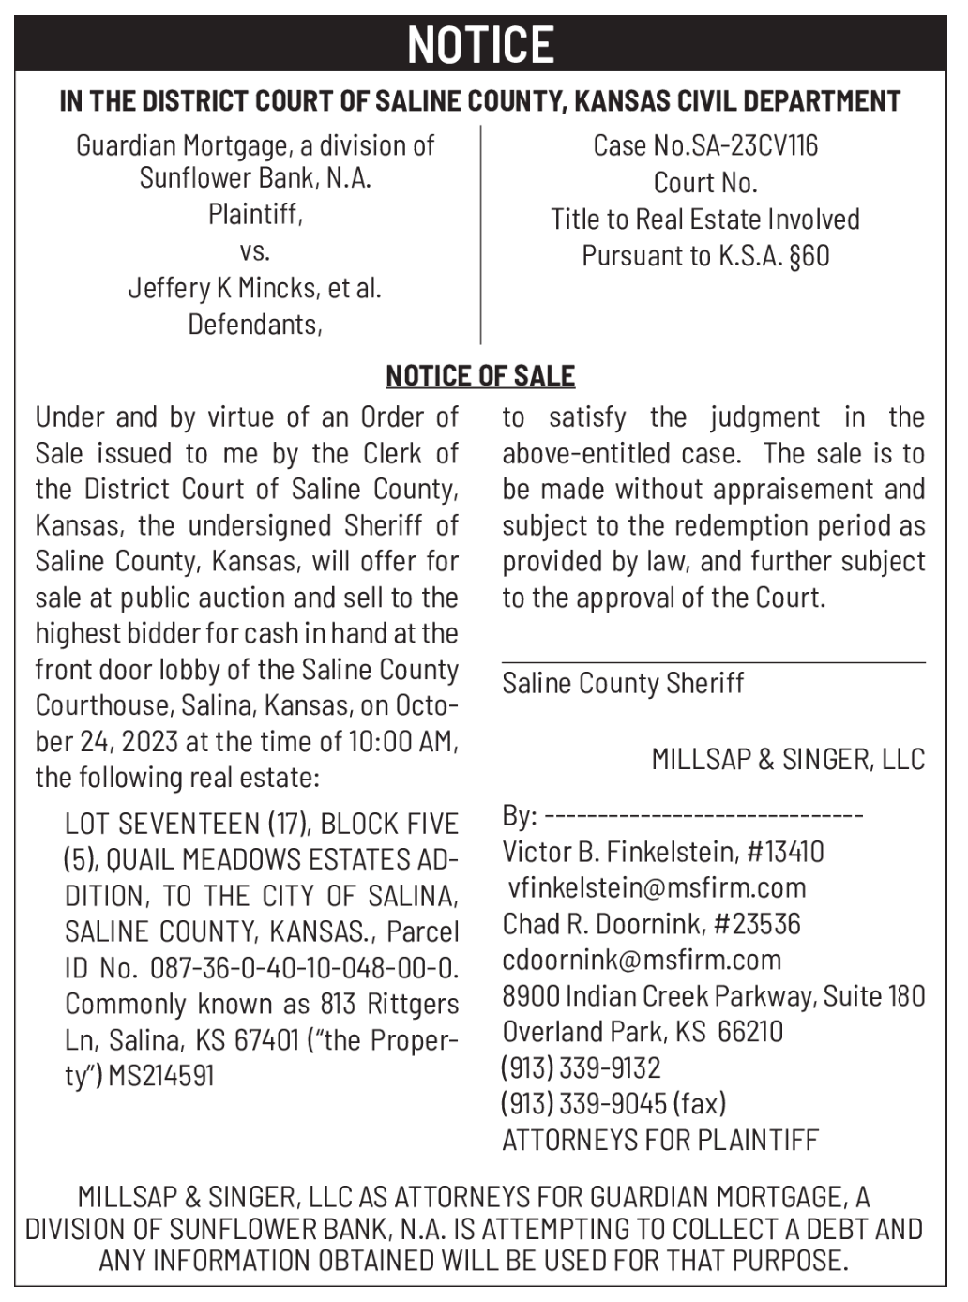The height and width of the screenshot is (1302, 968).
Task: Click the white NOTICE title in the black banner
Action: pyautogui.click(x=480, y=44)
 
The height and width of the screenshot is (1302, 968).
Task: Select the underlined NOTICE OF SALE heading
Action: pyautogui.click(x=480, y=376)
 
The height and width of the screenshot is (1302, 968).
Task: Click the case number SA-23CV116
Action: pyautogui.click(x=754, y=145)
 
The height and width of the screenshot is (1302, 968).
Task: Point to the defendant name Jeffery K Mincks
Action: pyautogui.click(x=225, y=287)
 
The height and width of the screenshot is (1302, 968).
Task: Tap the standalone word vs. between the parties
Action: pyautogui.click(x=254, y=251)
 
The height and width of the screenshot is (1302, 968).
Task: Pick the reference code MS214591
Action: pyautogui.click(x=161, y=1075)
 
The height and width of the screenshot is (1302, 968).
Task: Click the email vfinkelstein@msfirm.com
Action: pyautogui.click(x=657, y=887)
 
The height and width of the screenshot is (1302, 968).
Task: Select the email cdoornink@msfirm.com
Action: pyautogui.click(x=642, y=960)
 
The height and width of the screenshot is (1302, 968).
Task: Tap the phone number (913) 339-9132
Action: pyautogui.click(x=581, y=1067)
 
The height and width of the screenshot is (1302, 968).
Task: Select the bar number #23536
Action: pyautogui.click(x=757, y=924)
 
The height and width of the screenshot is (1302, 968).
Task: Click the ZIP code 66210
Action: pyautogui.click(x=750, y=1032)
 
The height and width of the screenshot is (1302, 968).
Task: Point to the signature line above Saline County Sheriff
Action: pyautogui.click(x=713, y=662)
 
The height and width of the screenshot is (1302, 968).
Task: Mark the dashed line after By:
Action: pyautogui.click(x=703, y=816)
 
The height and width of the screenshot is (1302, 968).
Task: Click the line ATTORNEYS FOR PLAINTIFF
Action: pyautogui.click(x=660, y=1140)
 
